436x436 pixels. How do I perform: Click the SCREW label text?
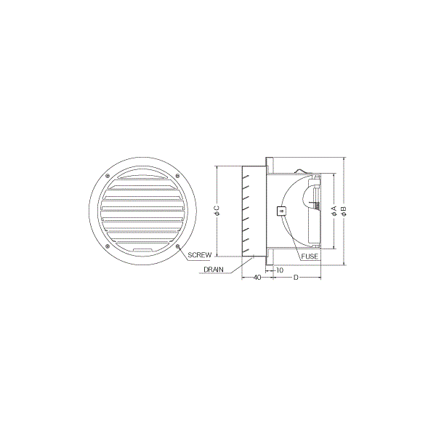[199, 255]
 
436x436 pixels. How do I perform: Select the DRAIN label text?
[213, 270]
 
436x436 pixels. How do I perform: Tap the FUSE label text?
[310, 257]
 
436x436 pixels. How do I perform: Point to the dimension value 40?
[257, 278]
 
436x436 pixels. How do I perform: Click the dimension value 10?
[280, 270]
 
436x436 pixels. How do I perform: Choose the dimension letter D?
[296, 278]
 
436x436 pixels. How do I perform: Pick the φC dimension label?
[217, 211]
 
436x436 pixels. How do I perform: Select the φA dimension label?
[334, 211]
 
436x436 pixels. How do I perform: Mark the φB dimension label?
[344, 211]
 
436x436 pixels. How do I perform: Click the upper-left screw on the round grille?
[108, 175]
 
